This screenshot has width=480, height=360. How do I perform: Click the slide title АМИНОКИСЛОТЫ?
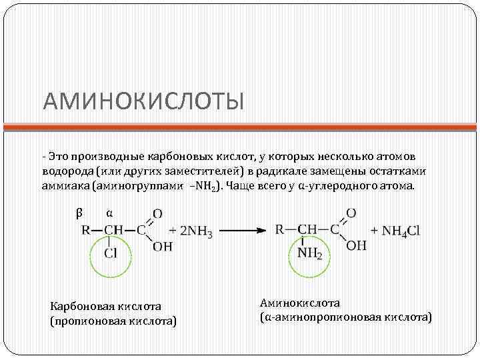point(143,101)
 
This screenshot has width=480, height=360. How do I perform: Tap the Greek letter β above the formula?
point(79,213)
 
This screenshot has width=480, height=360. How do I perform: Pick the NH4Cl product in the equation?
point(400,231)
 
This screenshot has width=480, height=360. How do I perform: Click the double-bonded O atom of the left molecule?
point(157,214)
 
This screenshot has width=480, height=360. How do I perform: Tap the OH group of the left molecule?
point(163,247)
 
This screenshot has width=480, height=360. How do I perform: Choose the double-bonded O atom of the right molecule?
point(351,213)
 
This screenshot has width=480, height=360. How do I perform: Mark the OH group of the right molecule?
point(356,245)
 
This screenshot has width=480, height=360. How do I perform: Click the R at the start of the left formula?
point(86,231)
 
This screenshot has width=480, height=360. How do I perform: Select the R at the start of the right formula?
point(281,230)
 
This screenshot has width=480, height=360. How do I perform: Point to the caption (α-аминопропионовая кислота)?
point(345,317)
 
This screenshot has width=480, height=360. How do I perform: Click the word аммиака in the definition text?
point(65,185)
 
